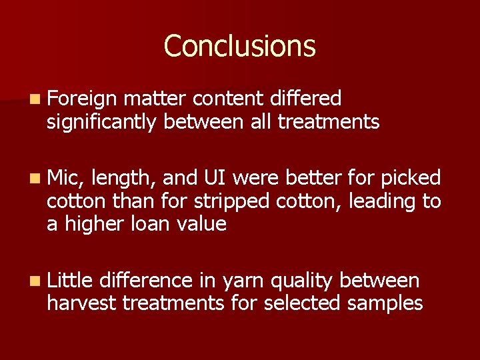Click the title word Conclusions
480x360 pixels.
click(x=239, y=46)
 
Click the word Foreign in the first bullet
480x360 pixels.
click(x=81, y=100)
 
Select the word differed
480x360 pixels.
click(x=306, y=99)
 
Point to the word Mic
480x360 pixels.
click(x=64, y=178)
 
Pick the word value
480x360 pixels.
click(x=203, y=224)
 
